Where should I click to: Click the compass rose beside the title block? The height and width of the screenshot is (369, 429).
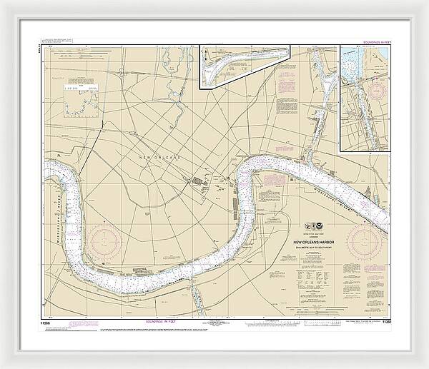[x=374, y=241]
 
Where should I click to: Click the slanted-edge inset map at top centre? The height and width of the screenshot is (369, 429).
[x=243, y=66]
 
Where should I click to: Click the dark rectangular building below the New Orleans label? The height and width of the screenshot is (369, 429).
[x=194, y=183]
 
